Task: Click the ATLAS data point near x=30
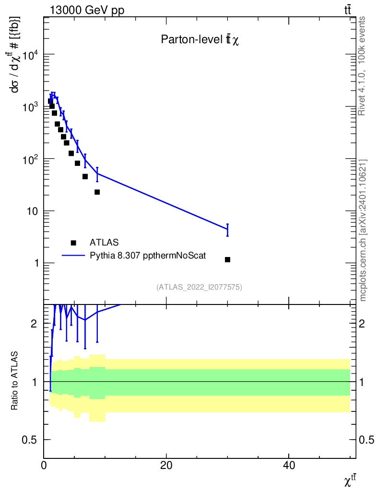coord(227,259)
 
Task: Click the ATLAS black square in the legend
coord(73,243)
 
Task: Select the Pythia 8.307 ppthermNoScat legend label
coord(148,256)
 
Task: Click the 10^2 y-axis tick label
coord(28,159)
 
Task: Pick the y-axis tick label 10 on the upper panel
coord(31,211)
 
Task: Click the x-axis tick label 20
coord(166,465)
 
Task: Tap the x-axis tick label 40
coord(289,465)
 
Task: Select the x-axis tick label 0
coord(44,465)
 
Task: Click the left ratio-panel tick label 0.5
coord(31,440)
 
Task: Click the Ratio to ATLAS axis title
coord(15,381)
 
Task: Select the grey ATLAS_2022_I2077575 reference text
coord(199,287)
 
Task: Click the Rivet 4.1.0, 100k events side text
coord(363,66)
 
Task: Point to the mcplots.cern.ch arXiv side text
coord(363,230)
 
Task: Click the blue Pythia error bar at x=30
coord(227,230)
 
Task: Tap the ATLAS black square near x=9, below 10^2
coord(97,192)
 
